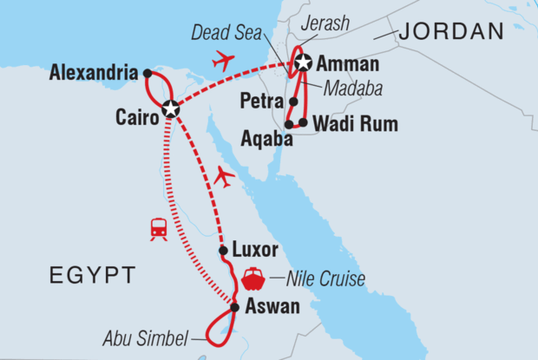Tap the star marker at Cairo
171,109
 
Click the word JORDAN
451,33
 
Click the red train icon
159,228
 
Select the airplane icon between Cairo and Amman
224,62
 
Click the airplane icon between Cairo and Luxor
225,177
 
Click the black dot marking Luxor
224,251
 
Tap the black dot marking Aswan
234,306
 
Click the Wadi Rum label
357,125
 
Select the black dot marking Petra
294,101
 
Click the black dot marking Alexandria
148,74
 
